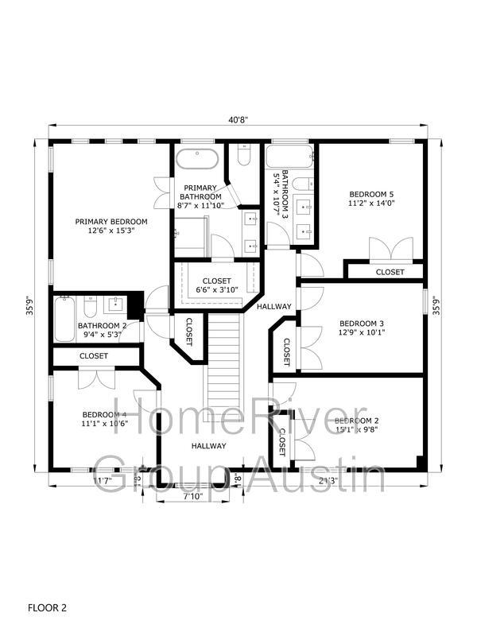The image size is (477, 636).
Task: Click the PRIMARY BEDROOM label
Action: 111,222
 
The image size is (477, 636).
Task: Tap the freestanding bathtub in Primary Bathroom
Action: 197,160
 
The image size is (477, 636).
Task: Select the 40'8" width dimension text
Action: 238,120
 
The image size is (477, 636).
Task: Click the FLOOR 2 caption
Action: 47,607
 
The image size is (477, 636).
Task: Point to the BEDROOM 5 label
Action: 371,194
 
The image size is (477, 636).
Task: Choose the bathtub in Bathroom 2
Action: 64,319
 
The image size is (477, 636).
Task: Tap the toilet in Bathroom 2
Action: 90,307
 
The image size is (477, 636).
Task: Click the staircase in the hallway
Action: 224,367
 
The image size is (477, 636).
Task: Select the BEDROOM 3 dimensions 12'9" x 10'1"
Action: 362,332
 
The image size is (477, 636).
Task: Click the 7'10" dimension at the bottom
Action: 192,495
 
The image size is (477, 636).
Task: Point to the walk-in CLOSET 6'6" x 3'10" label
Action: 216,285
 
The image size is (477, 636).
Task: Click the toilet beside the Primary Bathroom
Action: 244,154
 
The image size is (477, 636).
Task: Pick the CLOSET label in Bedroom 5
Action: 390,272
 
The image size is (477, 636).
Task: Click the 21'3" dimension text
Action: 328,481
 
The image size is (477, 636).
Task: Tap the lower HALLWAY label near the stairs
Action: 209,446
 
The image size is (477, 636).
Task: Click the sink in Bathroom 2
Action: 116,303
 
